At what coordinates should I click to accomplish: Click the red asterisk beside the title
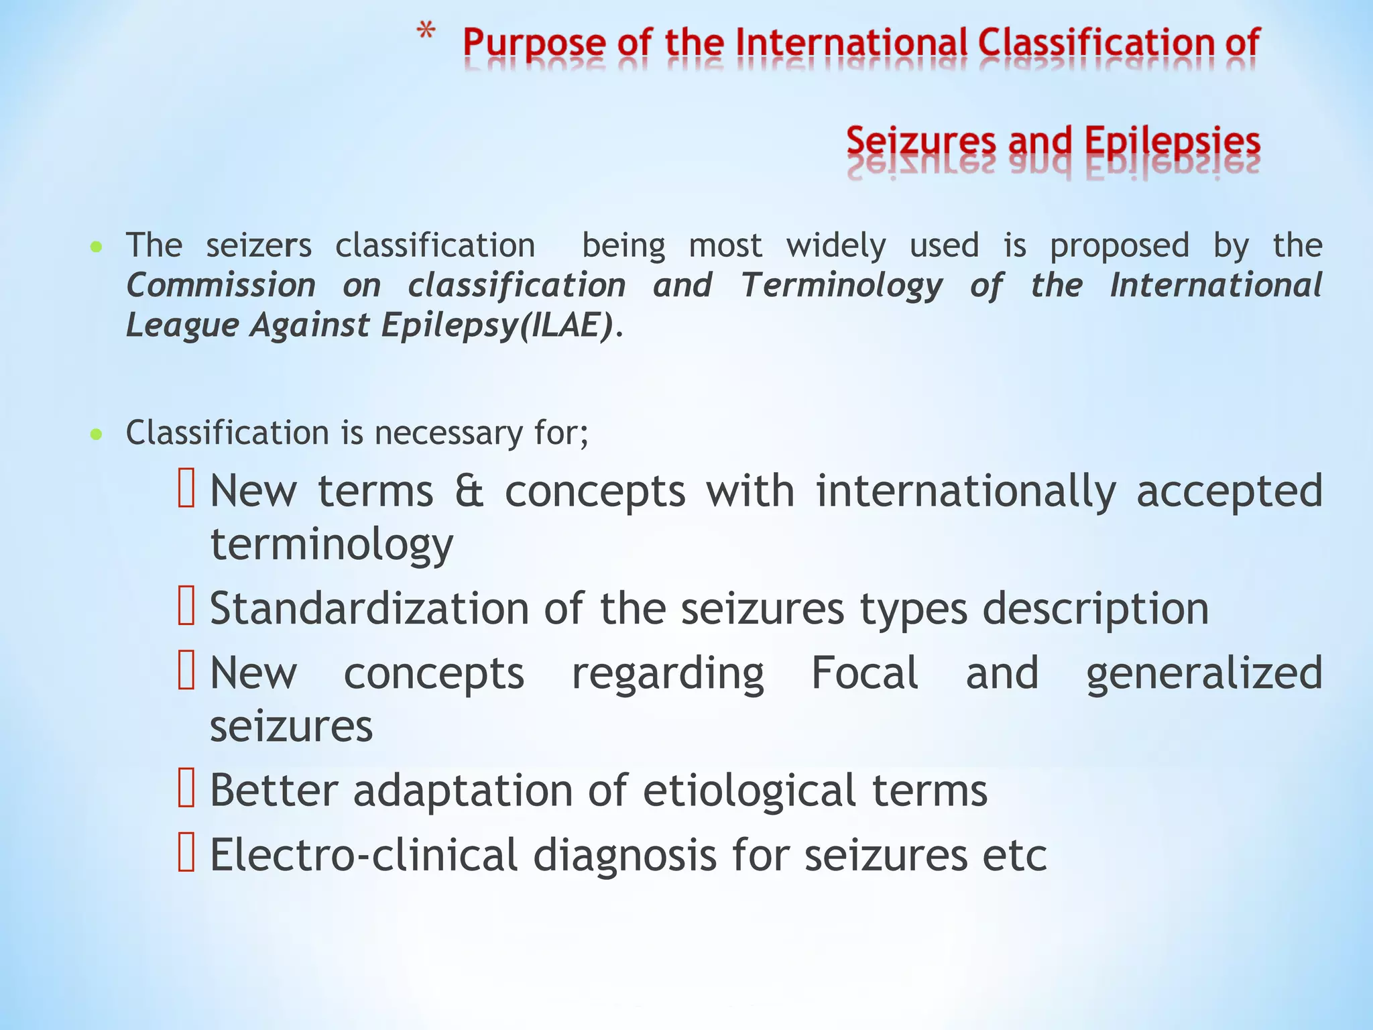coord(426,32)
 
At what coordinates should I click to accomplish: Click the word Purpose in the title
coord(534,44)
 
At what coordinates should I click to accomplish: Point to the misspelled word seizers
coord(259,245)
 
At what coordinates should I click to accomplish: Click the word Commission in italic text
coord(221,286)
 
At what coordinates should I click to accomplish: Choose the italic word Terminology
coord(841,286)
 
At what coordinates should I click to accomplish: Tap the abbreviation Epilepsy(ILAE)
coord(497,325)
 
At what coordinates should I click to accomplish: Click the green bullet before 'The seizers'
coord(97,247)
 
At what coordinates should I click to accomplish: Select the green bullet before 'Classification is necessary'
coord(97,434)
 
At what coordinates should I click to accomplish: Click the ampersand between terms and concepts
coord(469,492)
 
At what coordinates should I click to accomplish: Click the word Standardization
coord(369,609)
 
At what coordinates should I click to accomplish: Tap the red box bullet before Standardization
coord(186,606)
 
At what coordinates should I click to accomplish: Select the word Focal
coord(864,673)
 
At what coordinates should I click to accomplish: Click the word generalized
coord(1203,673)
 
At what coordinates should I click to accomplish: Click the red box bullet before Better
coord(186,787)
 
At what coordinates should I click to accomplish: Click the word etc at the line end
coord(1014,856)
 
